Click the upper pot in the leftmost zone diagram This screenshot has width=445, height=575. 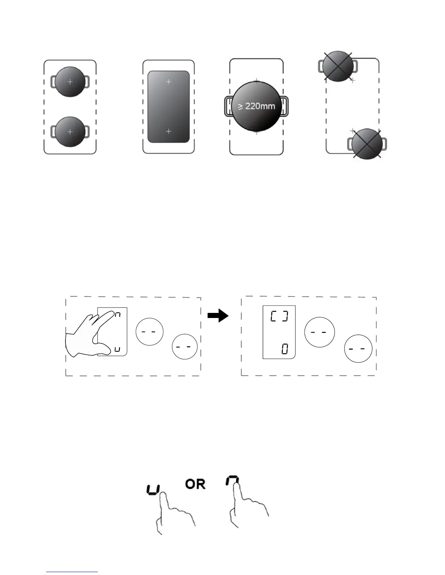click(x=70, y=82)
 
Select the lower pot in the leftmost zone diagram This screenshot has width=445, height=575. click(x=70, y=132)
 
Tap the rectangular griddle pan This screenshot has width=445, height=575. click(x=168, y=107)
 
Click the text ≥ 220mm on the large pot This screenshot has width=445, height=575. click(x=256, y=106)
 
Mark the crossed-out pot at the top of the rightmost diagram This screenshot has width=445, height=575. click(x=338, y=66)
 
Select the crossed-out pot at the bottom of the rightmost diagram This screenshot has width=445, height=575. click(x=367, y=144)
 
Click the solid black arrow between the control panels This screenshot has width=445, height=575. click(x=218, y=316)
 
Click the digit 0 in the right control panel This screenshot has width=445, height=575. click(x=285, y=350)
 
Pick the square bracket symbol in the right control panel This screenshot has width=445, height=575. click(x=279, y=317)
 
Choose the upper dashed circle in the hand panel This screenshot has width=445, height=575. click(x=149, y=331)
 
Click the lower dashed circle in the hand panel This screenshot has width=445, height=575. click(x=185, y=346)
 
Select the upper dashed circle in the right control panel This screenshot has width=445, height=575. click(x=319, y=332)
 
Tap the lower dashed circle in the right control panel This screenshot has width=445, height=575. click(x=358, y=348)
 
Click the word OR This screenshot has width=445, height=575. click(x=195, y=484)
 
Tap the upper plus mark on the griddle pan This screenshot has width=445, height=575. click(x=168, y=82)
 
